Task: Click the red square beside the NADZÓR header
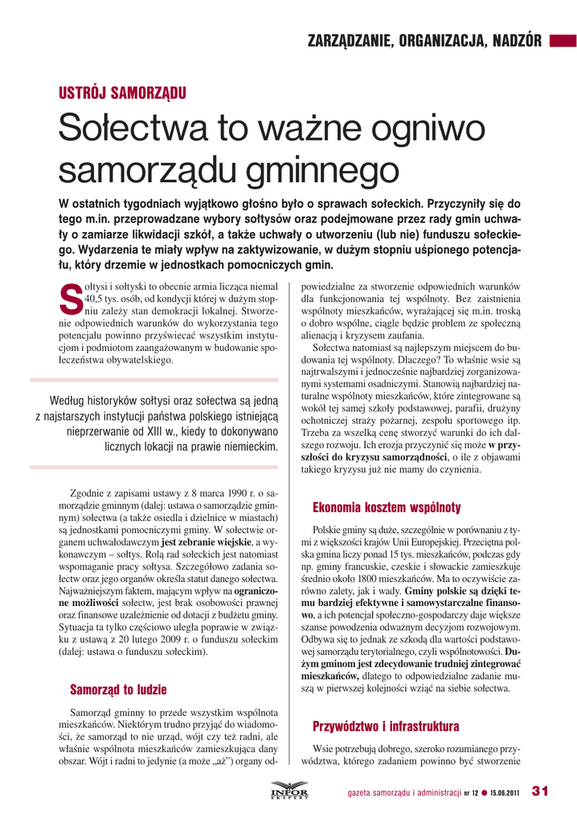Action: click(558, 39)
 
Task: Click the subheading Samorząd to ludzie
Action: click(118, 689)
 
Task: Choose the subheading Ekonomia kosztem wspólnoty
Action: click(386, 507)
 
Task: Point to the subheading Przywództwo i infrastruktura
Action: click(386, 727)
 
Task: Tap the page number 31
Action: click(539, 791)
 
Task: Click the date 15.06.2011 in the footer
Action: click(503, 792)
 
